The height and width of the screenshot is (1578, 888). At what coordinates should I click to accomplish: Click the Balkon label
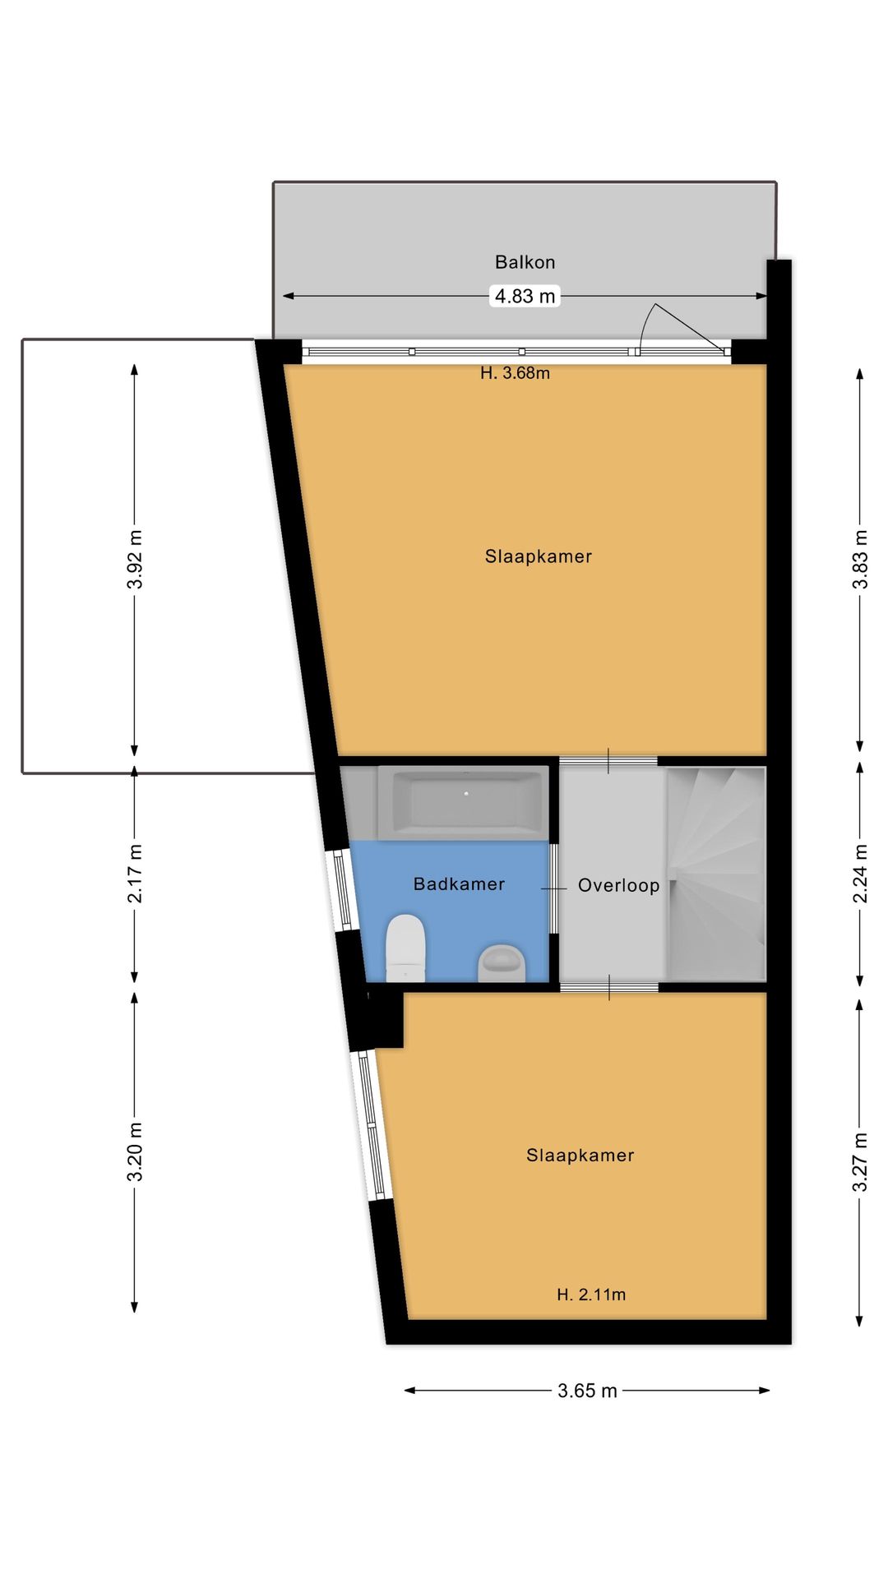point(525,262)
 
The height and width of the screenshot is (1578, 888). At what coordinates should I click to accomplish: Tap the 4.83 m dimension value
point(525,296)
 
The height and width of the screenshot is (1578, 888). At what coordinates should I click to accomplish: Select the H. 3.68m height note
point(515,373)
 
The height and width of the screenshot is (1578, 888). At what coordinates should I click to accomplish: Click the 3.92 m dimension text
point(136,560)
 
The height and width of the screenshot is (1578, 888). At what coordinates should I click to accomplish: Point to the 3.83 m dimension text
point(860,560)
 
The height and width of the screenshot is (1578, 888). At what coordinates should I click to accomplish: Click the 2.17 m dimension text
point(136,874)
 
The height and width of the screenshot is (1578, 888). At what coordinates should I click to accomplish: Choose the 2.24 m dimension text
point(860,874)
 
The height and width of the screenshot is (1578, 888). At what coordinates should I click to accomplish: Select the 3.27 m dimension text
point(860,1162)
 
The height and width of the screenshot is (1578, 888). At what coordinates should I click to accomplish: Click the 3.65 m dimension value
point(587,1391)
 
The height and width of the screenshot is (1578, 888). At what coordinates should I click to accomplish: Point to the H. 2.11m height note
point(591,1294)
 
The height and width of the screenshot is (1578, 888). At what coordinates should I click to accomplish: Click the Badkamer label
point(459,884)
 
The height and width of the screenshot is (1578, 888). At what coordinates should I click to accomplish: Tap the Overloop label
point(618,885)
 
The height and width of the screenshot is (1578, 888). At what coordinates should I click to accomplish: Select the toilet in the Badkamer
point(405,948)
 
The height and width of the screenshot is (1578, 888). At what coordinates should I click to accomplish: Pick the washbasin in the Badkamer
point(502,962)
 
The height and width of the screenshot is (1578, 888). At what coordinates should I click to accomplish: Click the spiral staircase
point(716,874)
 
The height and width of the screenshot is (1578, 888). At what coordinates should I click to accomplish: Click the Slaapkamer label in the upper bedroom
point(539,556)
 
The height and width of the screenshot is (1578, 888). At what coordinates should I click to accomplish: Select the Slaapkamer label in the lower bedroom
point(580,1156)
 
